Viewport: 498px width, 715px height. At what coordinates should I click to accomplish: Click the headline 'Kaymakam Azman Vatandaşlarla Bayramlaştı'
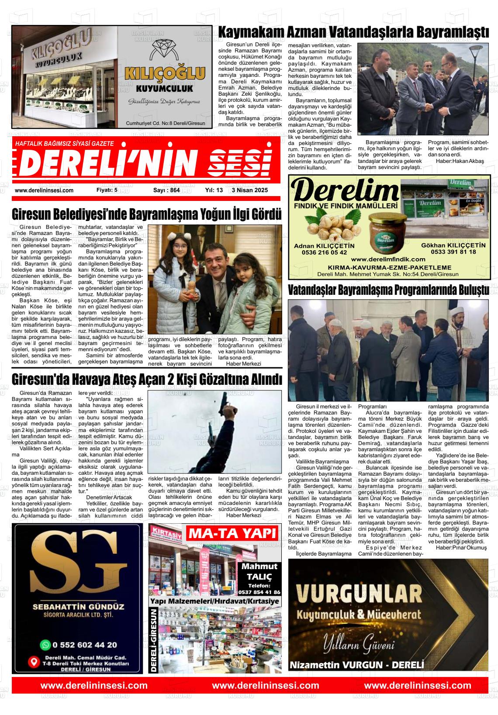353,33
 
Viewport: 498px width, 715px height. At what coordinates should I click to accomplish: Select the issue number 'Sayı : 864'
166,190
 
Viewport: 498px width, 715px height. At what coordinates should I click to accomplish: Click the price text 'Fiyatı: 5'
107,190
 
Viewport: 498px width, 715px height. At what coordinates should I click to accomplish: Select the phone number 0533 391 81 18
453,252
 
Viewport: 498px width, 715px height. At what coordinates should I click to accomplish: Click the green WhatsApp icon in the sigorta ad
45,645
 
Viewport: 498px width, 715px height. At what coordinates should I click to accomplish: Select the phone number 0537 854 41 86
259,593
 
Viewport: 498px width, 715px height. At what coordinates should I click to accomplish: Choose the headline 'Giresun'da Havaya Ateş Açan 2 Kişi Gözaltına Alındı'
147,379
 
